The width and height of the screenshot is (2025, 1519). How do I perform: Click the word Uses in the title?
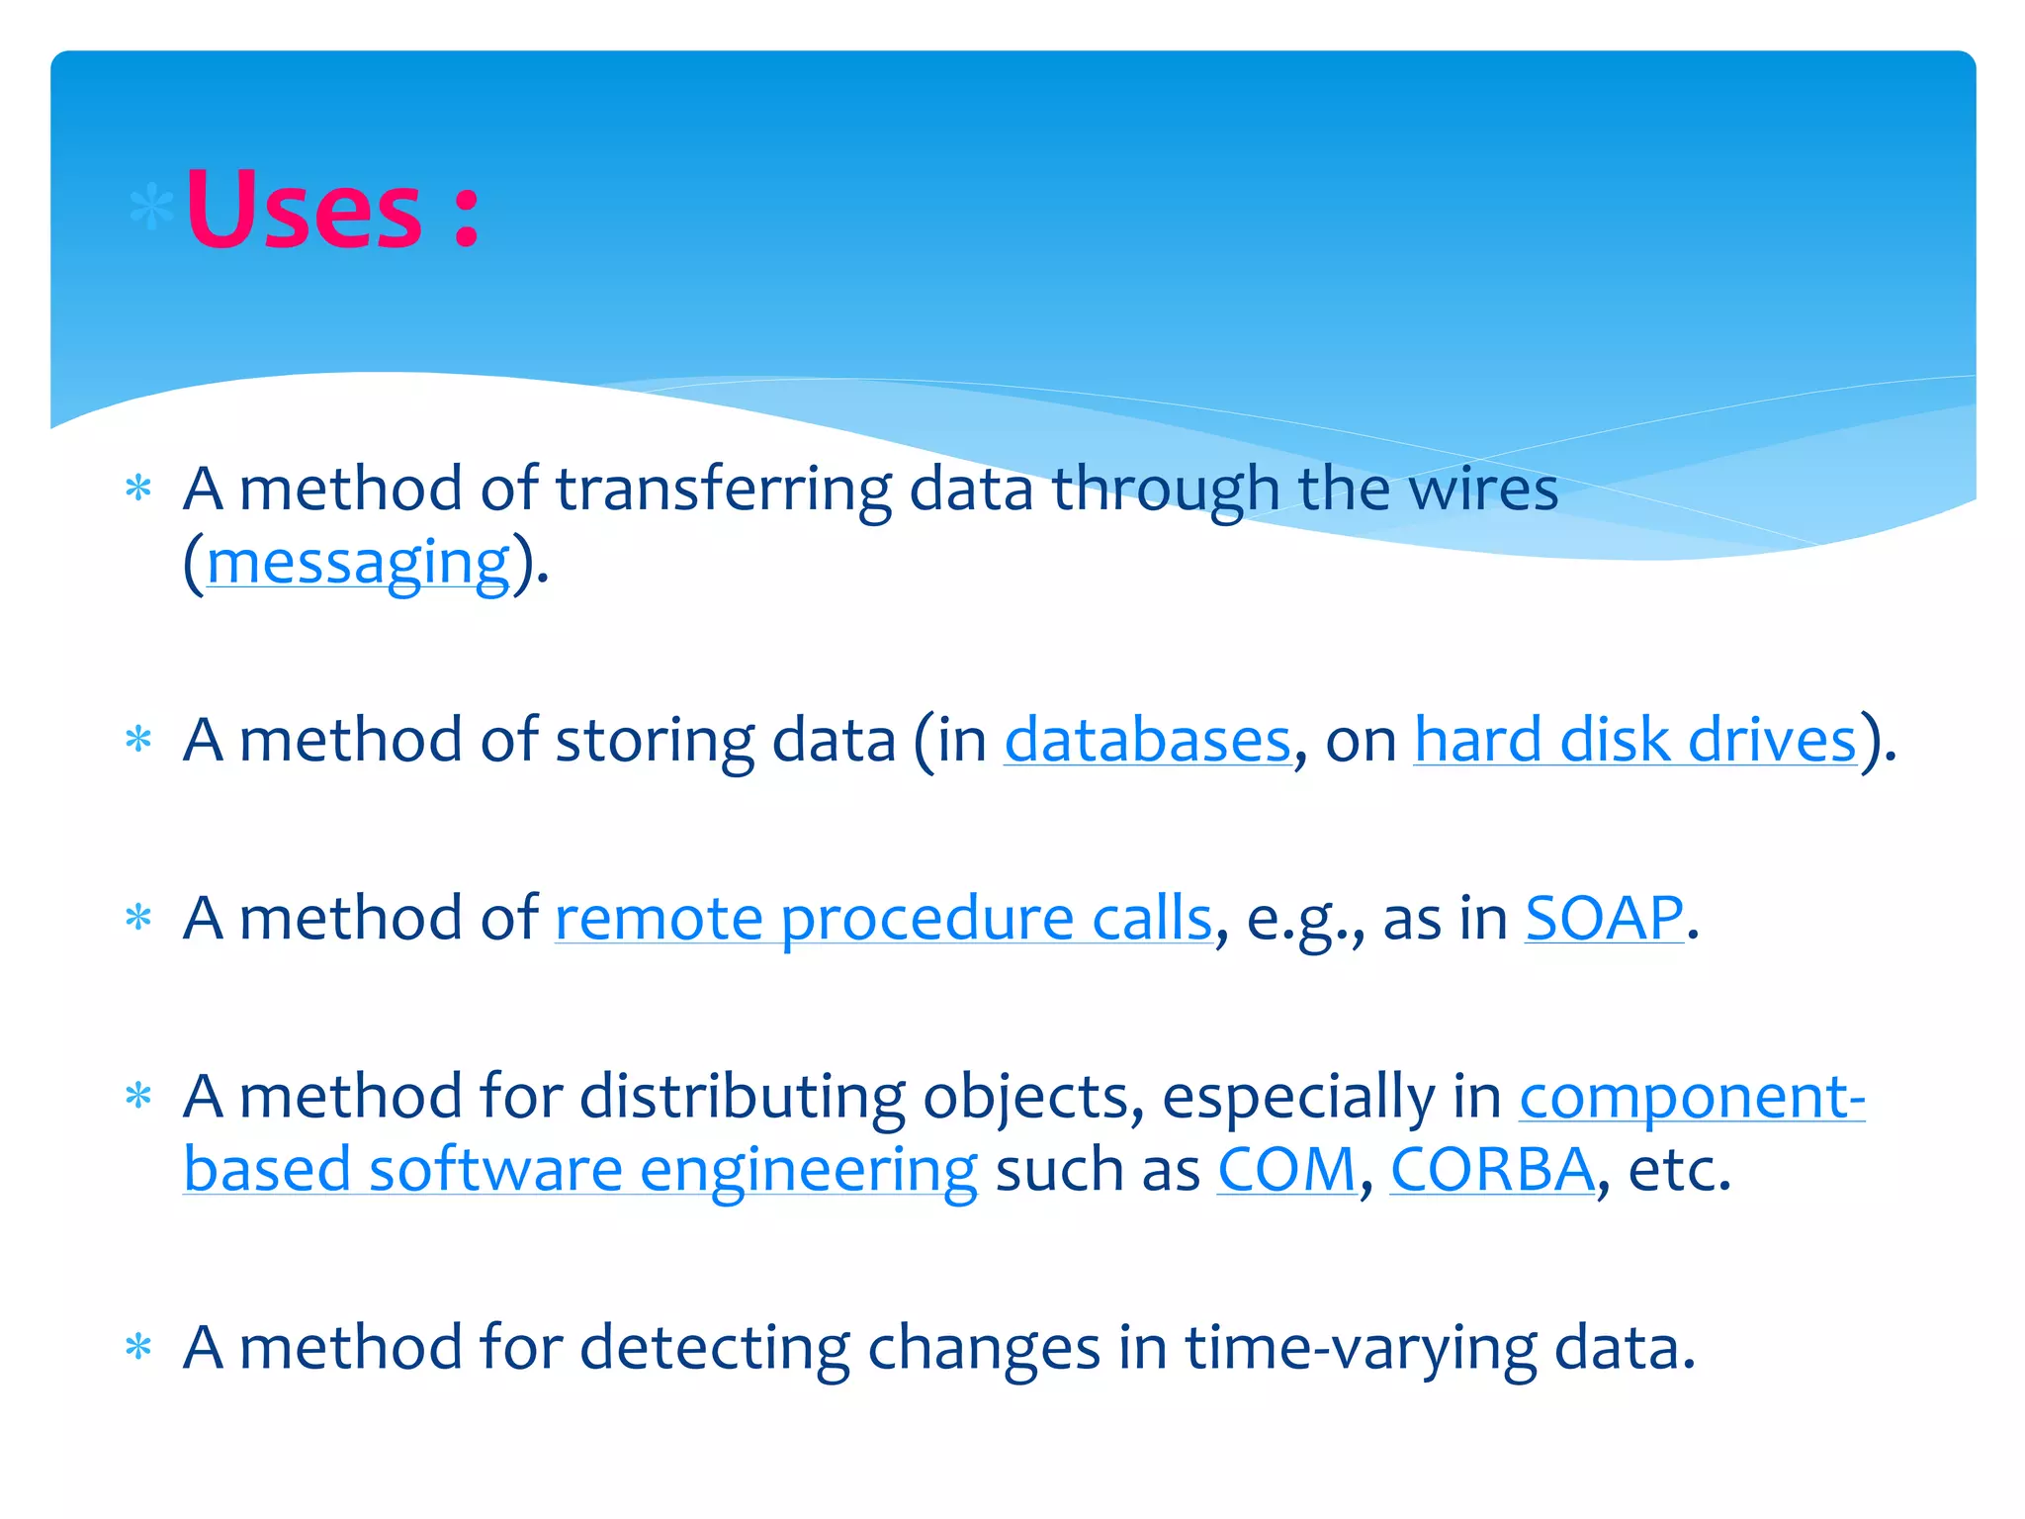point(304,210)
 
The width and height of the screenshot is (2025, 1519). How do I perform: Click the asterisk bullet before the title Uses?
point(151,209)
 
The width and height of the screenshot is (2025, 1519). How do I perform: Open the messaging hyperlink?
point(358,564)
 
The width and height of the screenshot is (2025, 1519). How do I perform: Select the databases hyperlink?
point(1147,741)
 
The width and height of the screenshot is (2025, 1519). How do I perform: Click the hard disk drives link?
point(1634,741)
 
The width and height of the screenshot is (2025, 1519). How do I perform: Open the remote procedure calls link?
point(883,919)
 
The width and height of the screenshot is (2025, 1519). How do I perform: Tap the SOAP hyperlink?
point(1603,919)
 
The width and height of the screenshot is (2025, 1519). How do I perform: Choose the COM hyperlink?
point(1286,1170)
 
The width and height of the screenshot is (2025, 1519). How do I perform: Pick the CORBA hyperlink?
point(1492,1170)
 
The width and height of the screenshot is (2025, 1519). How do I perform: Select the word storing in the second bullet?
point(655,741)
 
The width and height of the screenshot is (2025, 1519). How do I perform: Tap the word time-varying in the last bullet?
point(1361,1349)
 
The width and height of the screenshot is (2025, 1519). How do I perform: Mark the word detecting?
point(714,1349)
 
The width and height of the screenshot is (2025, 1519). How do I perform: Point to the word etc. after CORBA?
point(1679,1170)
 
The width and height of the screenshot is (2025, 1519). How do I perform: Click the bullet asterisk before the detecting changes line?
point(139,1348)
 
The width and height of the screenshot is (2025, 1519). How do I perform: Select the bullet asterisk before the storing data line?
point(139,741)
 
